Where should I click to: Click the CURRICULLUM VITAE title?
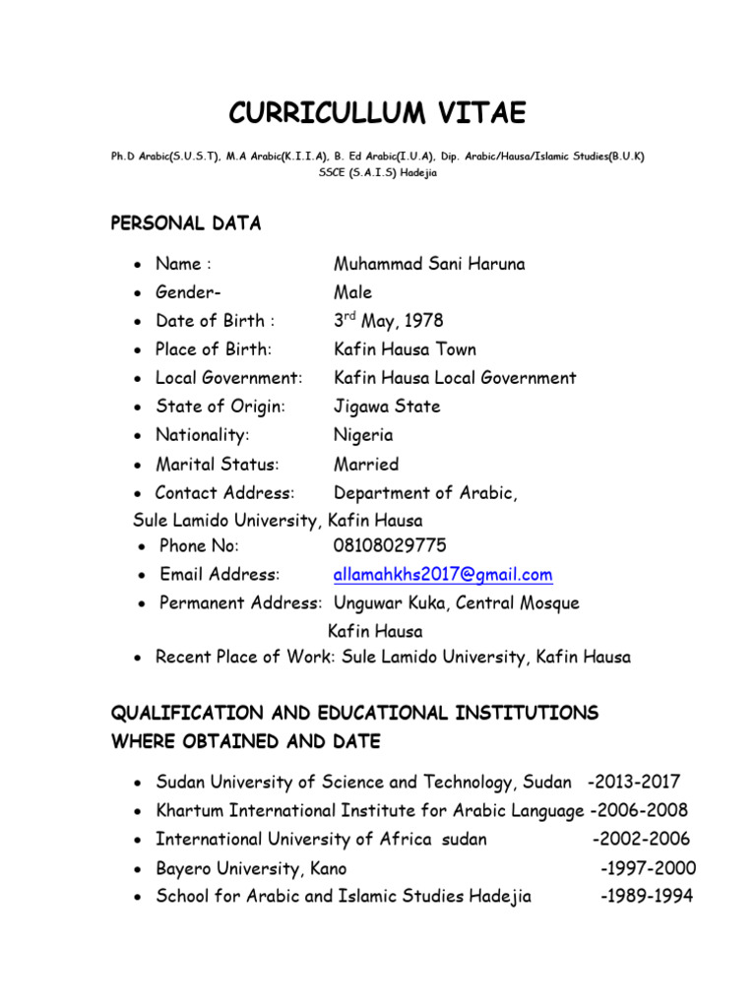coord(377,114)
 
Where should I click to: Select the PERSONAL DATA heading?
coord(186,223)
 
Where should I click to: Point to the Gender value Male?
coord(352,292)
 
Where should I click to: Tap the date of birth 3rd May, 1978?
coord(388,321)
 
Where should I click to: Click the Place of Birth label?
coord(214,349)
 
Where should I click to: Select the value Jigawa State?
coord(387,407)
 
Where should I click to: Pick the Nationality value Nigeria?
coord(363,435)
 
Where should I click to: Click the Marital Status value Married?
coord(366,464)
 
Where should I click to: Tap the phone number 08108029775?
coord(390,545)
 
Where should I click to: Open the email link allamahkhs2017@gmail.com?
coord(443,574)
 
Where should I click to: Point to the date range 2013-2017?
coord(633,783)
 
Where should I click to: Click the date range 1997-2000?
coord(648,868)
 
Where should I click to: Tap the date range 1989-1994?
coord(648,897)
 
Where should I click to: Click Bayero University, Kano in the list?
coord(251,868)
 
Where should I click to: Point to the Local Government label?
coord(229,378)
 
